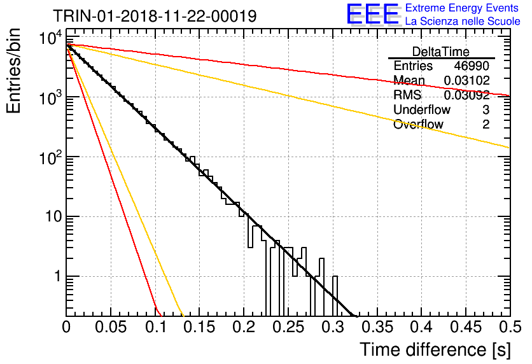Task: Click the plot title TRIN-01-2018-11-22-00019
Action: (x=155, y=16)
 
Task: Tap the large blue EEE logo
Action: (x=372, y=14)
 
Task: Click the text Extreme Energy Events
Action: (x=462, y=8)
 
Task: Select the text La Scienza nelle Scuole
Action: (x=463, y=21)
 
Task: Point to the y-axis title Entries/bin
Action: (x=14, y=71)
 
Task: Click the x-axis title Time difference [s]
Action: (x=435, y=349)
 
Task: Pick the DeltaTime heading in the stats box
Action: (x=441, y=52)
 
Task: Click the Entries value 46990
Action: (x=472, y=66)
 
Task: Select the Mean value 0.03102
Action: (x=466, y=80)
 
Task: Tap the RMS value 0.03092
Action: (x=466, y=95)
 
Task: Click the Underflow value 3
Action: (x=486, y=109)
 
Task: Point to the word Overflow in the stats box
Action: (x=418, y=124)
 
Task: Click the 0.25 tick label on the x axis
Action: (x=289, y=327)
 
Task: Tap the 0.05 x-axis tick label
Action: (x=111, y=327)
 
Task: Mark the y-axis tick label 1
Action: (x=58, y=276)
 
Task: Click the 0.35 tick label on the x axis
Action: (x=377, y=327)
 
